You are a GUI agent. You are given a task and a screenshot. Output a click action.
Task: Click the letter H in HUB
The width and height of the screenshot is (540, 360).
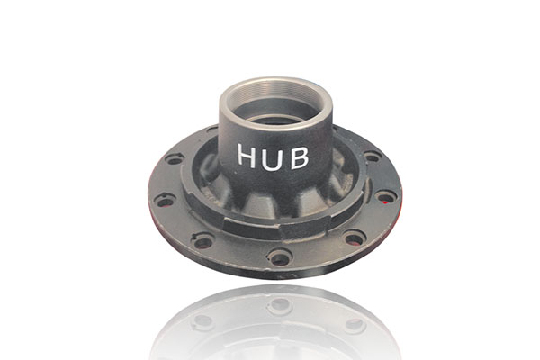[x=247, y=156]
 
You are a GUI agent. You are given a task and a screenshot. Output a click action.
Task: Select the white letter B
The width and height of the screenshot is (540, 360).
[x=299, y=157]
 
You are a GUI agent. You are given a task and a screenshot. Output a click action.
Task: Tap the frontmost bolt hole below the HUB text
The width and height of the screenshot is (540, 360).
[x=280, y=256]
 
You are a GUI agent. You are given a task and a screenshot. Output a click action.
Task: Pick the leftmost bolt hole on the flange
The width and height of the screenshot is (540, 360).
[x=165, y=200]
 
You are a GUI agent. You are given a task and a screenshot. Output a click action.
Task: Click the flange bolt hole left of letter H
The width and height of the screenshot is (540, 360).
[x=175, y=159]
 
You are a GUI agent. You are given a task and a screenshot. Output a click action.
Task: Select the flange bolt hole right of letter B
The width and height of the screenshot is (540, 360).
[x=372, y=157]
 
